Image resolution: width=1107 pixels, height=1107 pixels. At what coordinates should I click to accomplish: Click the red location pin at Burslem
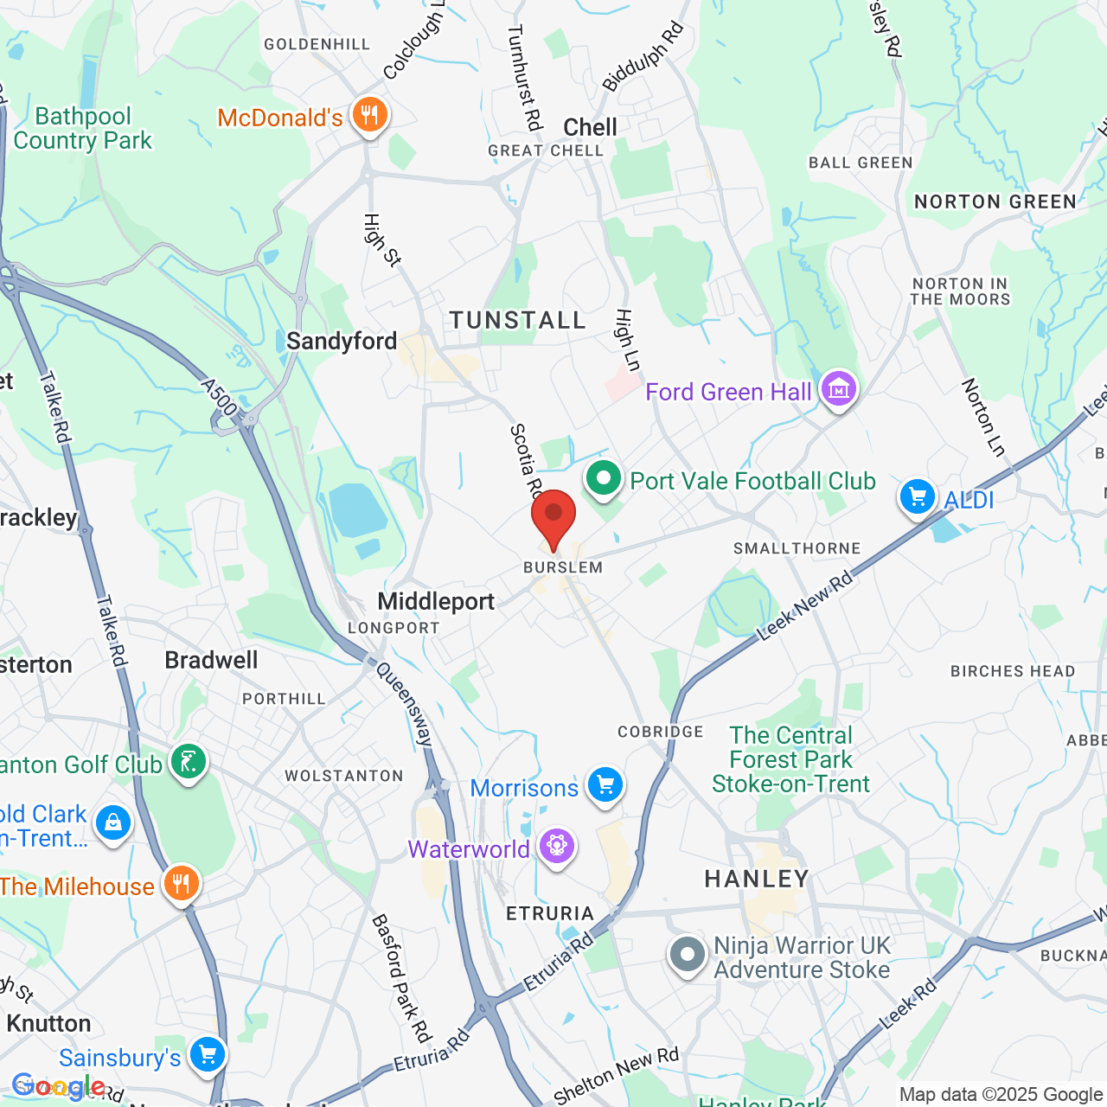click(553, 515)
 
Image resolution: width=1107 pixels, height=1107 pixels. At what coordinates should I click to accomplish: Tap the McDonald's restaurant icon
click(370, 115)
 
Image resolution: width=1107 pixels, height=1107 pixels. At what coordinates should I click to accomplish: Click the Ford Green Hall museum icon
click(838, 389)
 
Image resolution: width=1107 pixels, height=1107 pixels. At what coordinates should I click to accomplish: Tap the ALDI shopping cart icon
click(918, 497)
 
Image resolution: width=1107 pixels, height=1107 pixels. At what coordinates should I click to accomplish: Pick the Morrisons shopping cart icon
click(605, 785)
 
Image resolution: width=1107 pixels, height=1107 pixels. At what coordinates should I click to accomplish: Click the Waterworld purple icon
click(557, 846)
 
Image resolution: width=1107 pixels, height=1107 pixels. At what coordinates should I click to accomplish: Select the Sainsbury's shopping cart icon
click(208, 1054)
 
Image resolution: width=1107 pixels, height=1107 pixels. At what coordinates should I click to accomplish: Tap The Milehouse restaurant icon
click(181, 884)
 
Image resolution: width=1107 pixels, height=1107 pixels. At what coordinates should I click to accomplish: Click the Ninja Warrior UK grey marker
click(688, 955)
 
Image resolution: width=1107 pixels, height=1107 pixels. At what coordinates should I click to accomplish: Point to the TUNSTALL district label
click(518, 321)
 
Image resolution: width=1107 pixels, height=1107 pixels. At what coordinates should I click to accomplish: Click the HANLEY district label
click(757, 880)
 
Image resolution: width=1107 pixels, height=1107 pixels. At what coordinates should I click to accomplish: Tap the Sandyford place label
click(342, 342)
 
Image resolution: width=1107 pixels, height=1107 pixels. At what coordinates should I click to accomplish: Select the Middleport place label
click(436, 602)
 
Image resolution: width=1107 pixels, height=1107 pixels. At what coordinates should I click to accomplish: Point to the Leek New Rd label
click(804, 606)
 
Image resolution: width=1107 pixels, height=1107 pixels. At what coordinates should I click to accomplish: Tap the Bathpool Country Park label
click(83, 129)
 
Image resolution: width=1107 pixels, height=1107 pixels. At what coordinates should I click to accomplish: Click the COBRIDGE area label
click(661, 732)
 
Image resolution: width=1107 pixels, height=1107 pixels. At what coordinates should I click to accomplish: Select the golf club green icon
click(189, 761)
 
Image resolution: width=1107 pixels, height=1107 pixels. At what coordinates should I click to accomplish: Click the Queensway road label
click(404, 704)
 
